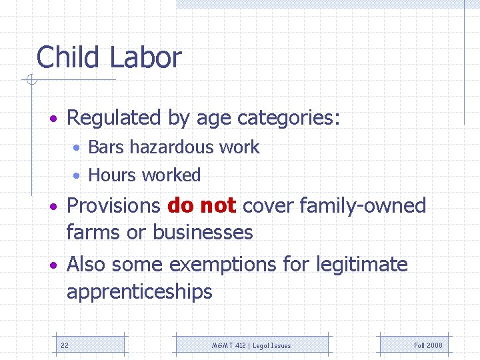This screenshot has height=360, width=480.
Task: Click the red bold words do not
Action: click(202, 205)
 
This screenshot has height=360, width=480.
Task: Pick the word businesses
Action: click(203, 232)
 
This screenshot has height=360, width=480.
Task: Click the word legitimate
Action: click(363, 265)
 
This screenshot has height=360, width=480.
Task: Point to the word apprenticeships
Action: click(139, 291)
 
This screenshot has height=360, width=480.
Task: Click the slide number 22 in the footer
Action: click(65, 345)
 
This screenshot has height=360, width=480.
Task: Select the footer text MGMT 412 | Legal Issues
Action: click(251, 345)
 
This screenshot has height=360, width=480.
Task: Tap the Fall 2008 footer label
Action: click(428, 345)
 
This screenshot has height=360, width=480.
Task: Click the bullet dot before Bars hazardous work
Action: click(78, 148)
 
